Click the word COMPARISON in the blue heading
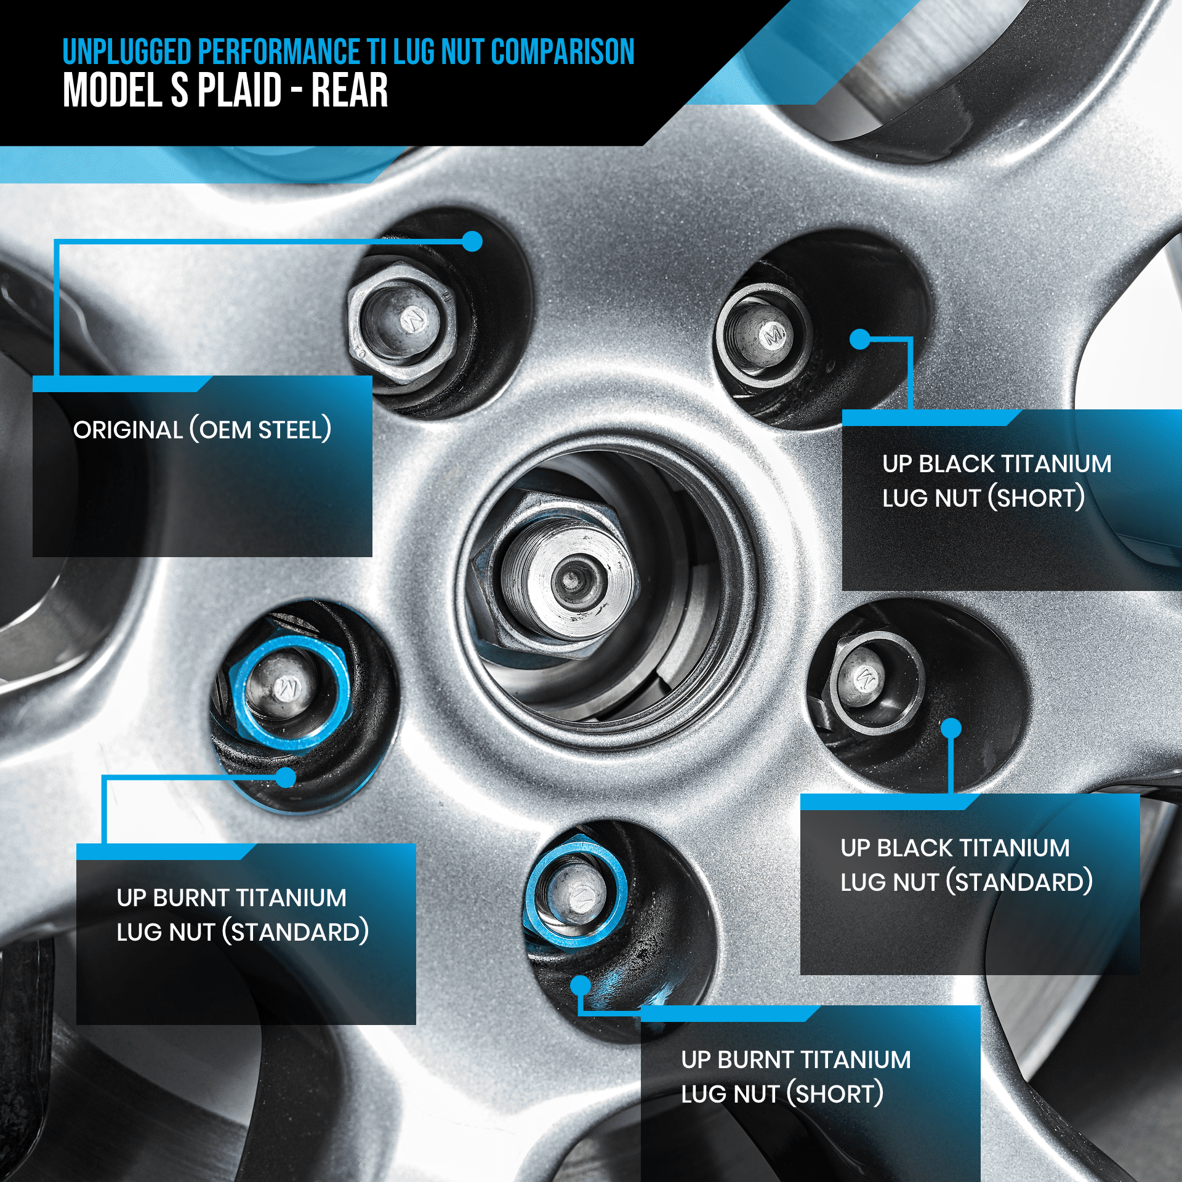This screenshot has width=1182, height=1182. (563, 52)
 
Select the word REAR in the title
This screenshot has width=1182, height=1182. (349, 90)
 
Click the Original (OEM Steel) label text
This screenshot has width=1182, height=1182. (202, 430)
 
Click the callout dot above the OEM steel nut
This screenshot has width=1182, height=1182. (472, 241)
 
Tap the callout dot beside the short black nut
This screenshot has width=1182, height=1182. (859, 339)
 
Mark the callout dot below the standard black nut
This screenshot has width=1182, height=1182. (952, 728)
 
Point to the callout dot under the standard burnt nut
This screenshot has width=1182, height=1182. (286, 778)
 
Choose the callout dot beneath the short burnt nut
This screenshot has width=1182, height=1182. (581, 986)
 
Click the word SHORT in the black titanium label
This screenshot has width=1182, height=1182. (1037, 498)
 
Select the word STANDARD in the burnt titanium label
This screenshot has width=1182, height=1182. (296, 932)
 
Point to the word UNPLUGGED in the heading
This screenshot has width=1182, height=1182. (127, 52)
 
